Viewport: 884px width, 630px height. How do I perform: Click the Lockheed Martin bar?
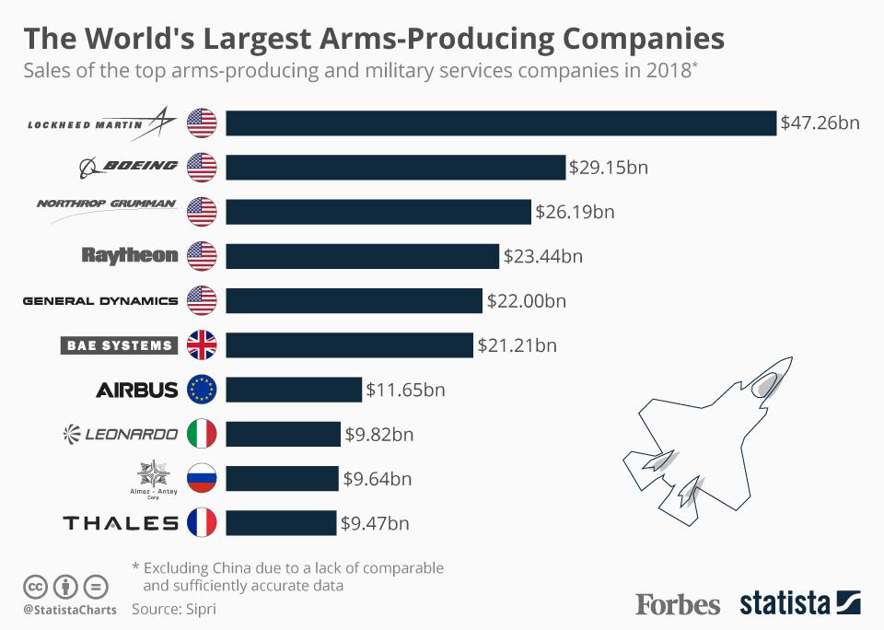click(501, 122)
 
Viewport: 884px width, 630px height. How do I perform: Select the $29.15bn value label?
click(609, 167)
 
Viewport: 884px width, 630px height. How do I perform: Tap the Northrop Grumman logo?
click(106, 204)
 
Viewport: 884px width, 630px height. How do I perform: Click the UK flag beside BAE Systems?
click(201, 345)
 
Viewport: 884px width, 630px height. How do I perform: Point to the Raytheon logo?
click(129, 255)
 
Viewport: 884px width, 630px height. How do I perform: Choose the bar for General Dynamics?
click(354, 300)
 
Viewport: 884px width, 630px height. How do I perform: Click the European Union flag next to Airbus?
click(201, 390)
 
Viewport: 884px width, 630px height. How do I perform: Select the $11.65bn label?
click(405, 390)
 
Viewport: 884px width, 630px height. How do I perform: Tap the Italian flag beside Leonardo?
click(201, 434)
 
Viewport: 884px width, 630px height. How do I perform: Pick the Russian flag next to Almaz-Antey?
click(201, 478)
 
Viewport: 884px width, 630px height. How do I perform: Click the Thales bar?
click(281, 523)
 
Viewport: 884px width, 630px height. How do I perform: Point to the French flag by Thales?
click(201, 523)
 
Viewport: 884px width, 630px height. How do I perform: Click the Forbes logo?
click(678, 604)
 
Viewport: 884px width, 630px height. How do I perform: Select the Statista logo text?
click(785, 604)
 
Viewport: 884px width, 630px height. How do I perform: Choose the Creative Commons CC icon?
click(36, 586)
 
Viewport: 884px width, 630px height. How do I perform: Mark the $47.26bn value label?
click(820, 122)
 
